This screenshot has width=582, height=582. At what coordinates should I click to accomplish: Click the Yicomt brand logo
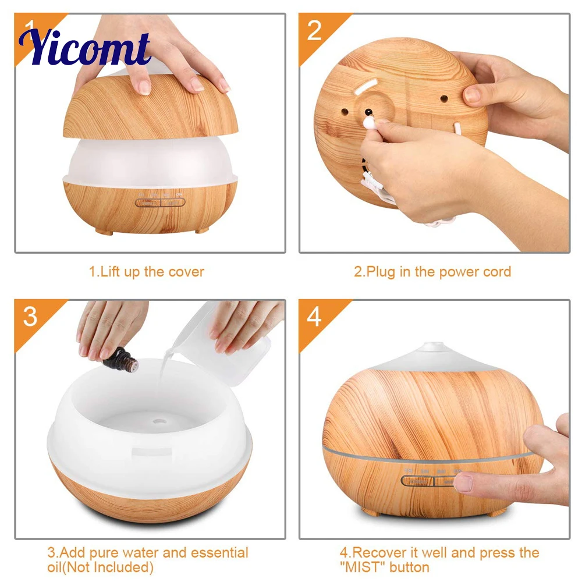(x=84, y=48)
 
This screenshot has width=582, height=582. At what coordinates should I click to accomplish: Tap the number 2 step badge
(x=314, y=30)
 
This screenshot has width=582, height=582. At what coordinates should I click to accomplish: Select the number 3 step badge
(x=30, y=317)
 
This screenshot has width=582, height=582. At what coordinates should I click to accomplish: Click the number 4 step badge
(x=314, y=317)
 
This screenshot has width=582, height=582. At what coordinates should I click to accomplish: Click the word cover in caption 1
(x=186, y=272)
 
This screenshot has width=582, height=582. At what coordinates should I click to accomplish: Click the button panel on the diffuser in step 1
(x=159, y=203)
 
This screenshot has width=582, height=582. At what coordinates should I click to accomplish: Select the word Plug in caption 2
(x=381, y=272)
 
